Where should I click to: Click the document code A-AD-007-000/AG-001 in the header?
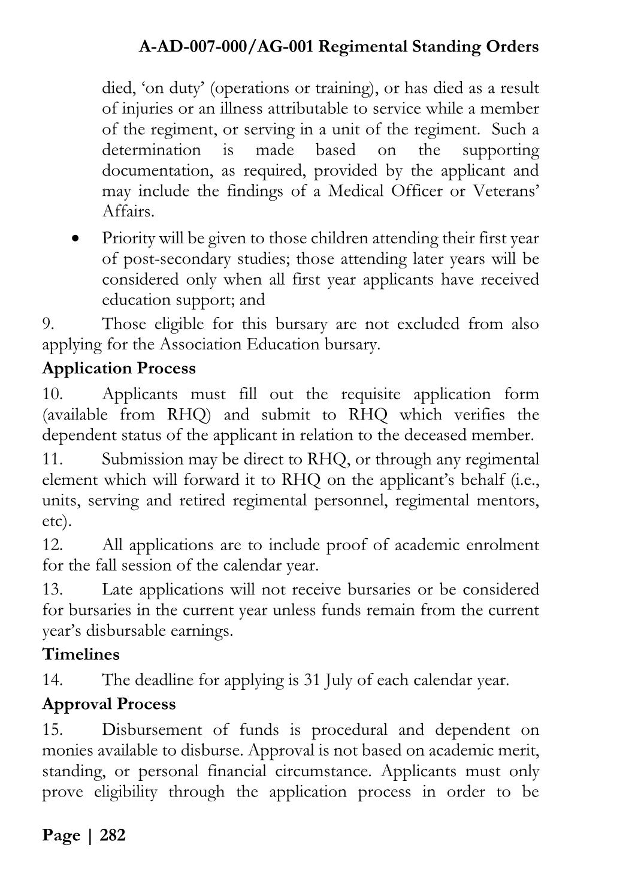point(225,47)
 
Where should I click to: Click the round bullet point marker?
point(75,239)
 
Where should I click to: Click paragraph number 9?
point(49,324)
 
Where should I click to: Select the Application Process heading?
point(119,368)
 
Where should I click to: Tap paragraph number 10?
point(52,394)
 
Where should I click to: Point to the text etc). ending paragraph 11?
point(56,521)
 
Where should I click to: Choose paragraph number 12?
point(52,545)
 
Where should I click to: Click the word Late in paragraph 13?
point(115,590)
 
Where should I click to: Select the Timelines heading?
point(81,654)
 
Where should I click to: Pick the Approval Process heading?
point(109,704)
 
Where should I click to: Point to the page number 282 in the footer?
point(113,835)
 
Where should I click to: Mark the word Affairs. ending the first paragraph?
point(128,212)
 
